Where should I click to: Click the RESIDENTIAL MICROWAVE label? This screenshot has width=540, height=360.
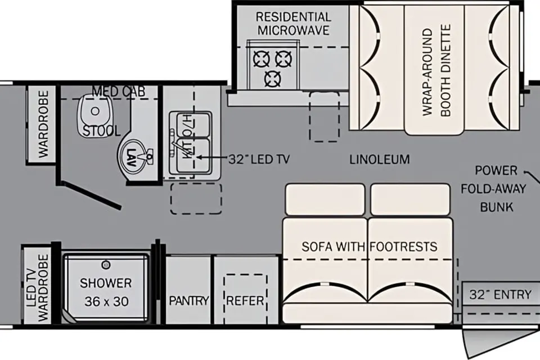(294, 24)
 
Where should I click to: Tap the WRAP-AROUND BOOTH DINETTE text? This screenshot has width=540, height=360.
(436, 71)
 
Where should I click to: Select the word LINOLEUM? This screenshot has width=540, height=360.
(380, 159)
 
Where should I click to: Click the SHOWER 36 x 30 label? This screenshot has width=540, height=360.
(106, 292)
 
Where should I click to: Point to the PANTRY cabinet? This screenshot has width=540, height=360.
(188, 289)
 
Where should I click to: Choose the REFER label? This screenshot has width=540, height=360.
(245, 301)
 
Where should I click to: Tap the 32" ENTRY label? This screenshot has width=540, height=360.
(501, 295)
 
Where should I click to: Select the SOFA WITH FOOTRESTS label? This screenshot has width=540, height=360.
(369, 247)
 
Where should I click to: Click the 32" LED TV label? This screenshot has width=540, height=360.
(259, 159)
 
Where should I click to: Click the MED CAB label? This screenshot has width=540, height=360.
(119, 92)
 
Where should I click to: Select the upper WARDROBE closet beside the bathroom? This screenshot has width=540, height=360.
(42, 124)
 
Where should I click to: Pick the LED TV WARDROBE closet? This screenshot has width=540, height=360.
(37, 285)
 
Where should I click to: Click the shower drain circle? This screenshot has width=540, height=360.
(106, 264)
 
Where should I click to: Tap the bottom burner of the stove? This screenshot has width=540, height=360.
(273, 79)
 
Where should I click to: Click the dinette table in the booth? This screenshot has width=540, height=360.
(434, 68)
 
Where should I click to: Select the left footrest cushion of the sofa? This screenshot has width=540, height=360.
(325, 200)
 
